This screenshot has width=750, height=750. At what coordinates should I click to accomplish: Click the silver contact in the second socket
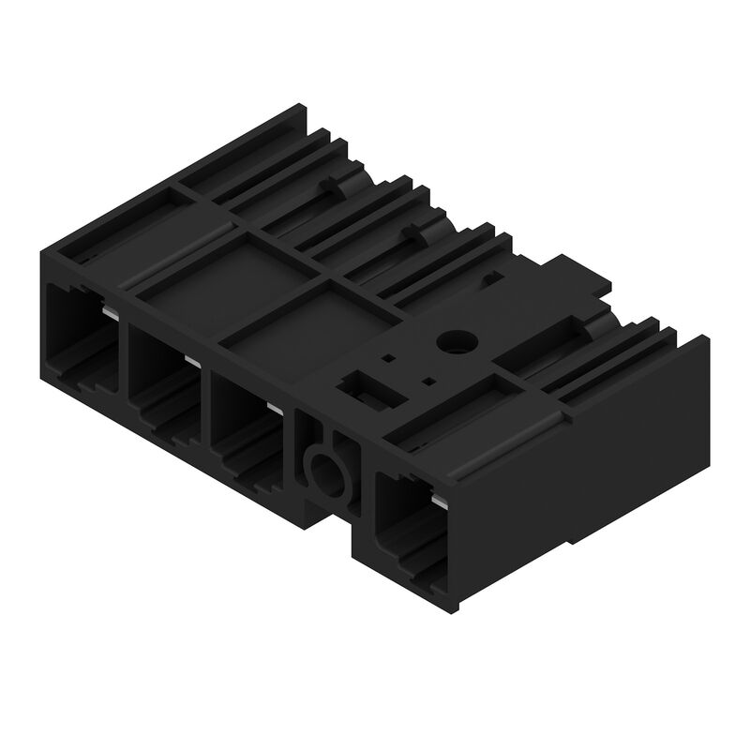click(x=193, y=358)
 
